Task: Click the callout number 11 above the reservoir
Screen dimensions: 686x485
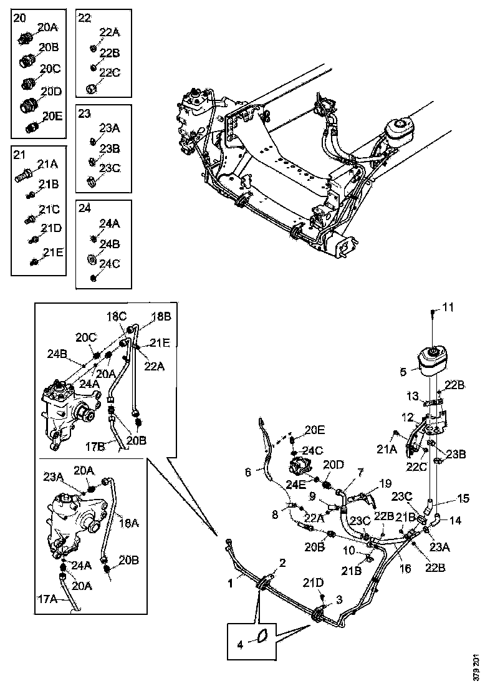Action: [x=449, y=307]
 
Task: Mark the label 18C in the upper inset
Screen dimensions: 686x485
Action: [x=116, y=317]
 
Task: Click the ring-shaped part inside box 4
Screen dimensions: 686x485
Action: [x=262, y=635]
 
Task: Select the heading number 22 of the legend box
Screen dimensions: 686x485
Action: [x=85, y=17]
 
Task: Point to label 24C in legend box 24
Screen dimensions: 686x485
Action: [x=109, y=264]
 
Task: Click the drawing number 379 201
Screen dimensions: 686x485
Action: [x=477, y=665]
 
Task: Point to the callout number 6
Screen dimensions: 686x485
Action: [x=249, y=473]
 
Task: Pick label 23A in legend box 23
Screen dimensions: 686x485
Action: [x=109, y=128]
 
